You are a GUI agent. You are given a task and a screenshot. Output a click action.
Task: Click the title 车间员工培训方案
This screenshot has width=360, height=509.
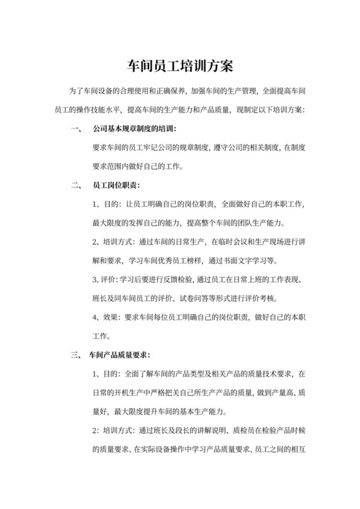pyautogui.click(x=179, y=66)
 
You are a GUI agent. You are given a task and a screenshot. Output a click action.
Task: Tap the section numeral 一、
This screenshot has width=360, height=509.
pyautogui.click(x=75, y=129)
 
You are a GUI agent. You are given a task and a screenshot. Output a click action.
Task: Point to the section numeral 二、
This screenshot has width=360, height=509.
pyautogui.click(x=75, y=185)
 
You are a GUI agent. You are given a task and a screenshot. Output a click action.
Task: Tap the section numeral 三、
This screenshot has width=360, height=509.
pyautogui.click(x=75, y=355)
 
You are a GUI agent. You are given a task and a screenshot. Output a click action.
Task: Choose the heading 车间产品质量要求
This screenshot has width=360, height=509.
pyautogui.click(x=121, y=355)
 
